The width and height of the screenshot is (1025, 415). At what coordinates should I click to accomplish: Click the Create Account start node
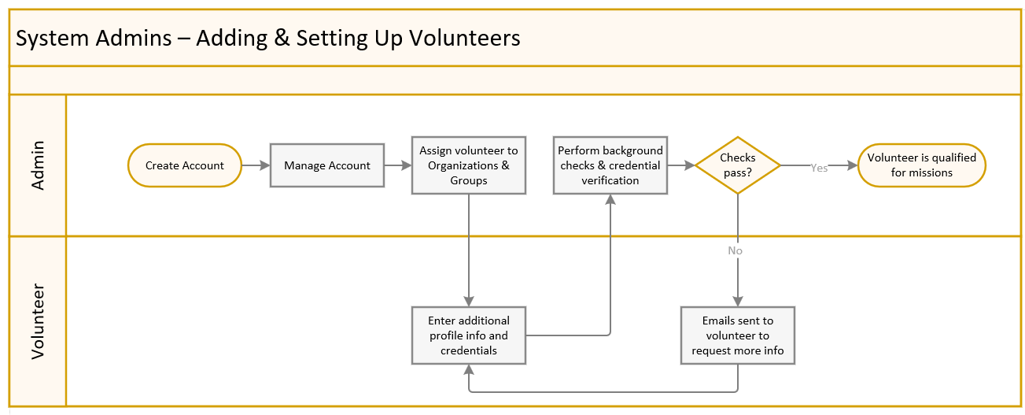[184, 165]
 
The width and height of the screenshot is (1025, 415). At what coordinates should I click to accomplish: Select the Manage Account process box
[327, 165]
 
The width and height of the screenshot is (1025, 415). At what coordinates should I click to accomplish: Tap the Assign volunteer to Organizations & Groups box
[469, 165]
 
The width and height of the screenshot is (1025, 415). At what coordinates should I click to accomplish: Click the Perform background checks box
[610, 165]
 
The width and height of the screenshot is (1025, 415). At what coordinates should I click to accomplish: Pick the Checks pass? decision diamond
[738, 165]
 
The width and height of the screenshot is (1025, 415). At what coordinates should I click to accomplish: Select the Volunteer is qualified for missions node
[921, 165]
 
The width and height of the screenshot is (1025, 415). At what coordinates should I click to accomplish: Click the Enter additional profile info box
[469, 335]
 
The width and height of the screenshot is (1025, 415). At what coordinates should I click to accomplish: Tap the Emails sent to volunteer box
[738, 335]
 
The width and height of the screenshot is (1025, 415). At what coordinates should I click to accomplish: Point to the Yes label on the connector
[819, 168]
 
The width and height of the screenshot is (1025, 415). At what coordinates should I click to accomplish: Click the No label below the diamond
[735, 250]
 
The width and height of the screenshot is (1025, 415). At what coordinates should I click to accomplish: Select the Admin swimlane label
[38, 165]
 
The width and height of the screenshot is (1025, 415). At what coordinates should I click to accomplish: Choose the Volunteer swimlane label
[38, 321]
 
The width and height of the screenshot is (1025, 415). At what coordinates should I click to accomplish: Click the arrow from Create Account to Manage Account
[255, 165]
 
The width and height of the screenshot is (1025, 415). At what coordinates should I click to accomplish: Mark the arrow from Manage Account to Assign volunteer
[398, 165]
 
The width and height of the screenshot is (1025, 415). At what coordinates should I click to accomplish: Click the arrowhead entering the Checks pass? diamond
[689, 165]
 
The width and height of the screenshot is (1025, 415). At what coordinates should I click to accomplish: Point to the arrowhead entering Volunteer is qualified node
[852, 165]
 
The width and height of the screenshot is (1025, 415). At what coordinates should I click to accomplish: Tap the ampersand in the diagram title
[280, 38]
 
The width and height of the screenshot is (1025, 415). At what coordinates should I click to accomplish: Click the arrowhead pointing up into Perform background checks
[610, 200]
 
